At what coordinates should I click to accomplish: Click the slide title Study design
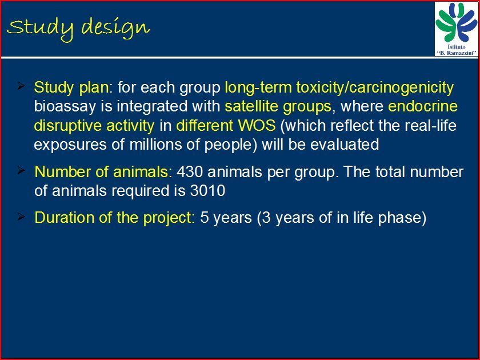pyautogui.click(x=78, y=28)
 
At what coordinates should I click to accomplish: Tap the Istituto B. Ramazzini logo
pyautogui.click(x=456, y=29)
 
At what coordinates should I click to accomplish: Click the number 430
pyautogui.click(x=190, y=172)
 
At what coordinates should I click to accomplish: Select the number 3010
pyautogui.click(x=207, y=190)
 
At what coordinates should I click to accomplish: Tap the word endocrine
pyautogui.click(x=423, y=106)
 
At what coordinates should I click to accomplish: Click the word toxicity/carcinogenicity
pyautogui.click(x=375, y=88)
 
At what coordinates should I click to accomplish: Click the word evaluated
pyautogui.click(x=345, y=144)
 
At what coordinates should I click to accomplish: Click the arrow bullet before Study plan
pyautogui.click(x=21, y=86)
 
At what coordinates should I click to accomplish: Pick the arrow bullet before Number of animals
pyautogui.click(x=21, y=170)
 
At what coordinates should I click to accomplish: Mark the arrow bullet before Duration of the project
pyautogui.click(x=21, y=217)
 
